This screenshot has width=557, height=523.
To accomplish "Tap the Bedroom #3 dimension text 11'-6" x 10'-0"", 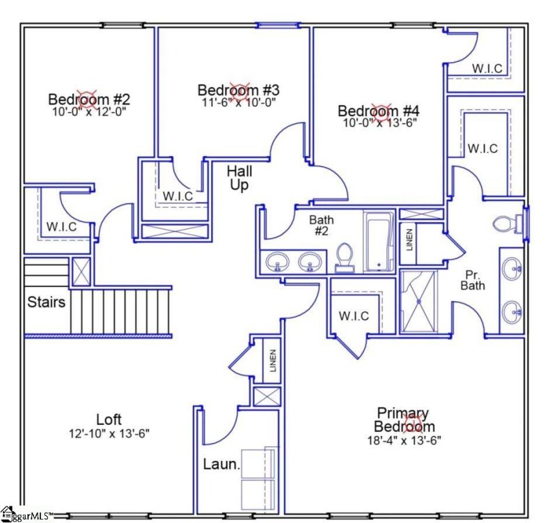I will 238,102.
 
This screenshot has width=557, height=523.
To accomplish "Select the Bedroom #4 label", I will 378,111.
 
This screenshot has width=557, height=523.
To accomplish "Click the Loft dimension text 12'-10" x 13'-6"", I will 109,432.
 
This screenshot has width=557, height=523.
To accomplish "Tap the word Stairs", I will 47,302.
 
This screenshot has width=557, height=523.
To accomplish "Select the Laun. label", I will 221,464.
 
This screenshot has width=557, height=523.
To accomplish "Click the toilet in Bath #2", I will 344,257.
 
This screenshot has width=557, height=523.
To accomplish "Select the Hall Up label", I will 240,178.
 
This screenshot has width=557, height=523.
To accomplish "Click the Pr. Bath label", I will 473,280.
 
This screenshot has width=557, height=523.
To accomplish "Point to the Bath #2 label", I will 321,226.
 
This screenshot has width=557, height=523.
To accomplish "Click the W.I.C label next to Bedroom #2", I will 61,226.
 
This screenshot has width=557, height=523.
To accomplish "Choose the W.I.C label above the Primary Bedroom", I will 354,315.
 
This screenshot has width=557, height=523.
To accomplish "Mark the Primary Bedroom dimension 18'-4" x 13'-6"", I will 404,440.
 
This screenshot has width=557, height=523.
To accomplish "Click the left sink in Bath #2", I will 278,262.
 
